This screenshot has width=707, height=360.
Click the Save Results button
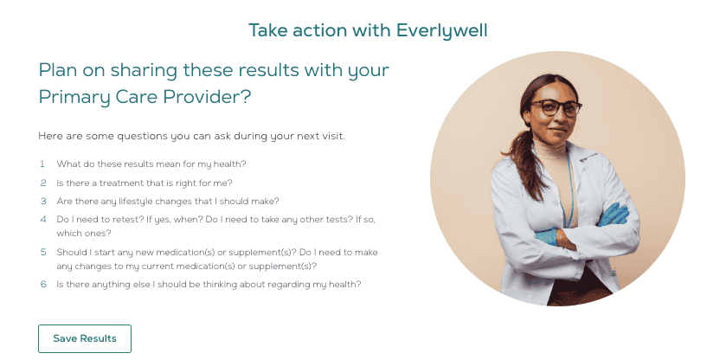click(x=85, y=338)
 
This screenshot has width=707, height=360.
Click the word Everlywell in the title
click(x=442, y=31)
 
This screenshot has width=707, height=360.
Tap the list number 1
click(x=42, y=164)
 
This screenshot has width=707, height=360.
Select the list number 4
click(x=43, y=219)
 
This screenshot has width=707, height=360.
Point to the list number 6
click(x=43, y=284)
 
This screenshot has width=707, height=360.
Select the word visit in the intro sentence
click(x=334, y=136)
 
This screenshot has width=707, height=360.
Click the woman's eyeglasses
click(x=556, y=108)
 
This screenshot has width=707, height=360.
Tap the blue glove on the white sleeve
click(x=547, y=236)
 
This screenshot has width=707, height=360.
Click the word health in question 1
click(x=229, y=164)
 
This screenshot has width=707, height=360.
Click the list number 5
click(x=43, y=252)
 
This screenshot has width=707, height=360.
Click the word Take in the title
click(x=268, y=30)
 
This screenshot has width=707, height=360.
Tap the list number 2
click(x=43, y=183)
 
